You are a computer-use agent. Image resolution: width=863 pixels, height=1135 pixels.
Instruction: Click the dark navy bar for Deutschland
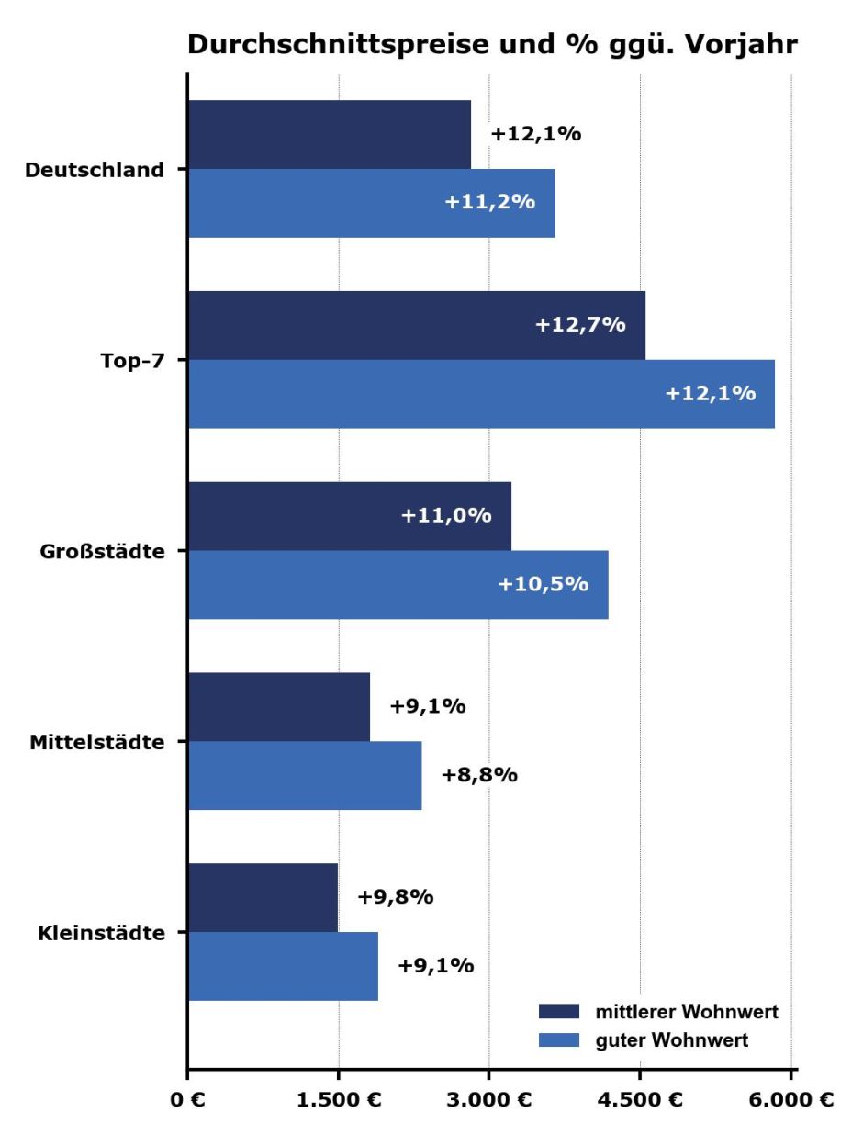pos(329,134)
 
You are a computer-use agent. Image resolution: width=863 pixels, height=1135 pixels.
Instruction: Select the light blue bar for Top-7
pos(480,394)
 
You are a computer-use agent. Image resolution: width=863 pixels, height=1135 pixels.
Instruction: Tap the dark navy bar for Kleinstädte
pos(263,897)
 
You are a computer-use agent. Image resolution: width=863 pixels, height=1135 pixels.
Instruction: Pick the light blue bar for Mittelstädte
pos(304,776)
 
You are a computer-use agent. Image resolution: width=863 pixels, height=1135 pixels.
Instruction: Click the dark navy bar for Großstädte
pos(349,516)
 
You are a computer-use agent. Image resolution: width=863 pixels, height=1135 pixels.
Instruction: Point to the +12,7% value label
pos(580,325)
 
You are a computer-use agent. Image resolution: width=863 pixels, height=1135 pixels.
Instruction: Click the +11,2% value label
pos(489,203)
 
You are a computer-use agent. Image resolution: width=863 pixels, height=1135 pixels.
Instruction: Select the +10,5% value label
pos(543,584)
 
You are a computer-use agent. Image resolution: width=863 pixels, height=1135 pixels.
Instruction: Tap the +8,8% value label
pos(479,776)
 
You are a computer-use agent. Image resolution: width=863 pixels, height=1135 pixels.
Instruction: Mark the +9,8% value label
pos(395,897)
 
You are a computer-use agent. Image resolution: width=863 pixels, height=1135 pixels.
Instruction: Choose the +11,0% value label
pos(446,516)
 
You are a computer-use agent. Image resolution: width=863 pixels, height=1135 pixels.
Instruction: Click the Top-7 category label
pos(131,360)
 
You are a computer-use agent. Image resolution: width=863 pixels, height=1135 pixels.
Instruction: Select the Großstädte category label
pos(103,552)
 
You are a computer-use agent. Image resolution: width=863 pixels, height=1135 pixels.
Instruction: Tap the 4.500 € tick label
pos(641,1102)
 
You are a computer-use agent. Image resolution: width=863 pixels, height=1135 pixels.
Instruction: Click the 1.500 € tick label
pos(340,1102)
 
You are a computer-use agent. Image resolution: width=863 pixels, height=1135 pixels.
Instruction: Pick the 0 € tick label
pos(188,1102)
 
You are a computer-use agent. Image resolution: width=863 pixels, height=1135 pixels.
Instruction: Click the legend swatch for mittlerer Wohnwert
pos(559,1012)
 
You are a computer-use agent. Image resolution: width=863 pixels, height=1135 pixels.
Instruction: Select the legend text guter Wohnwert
pos(671,1040)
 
